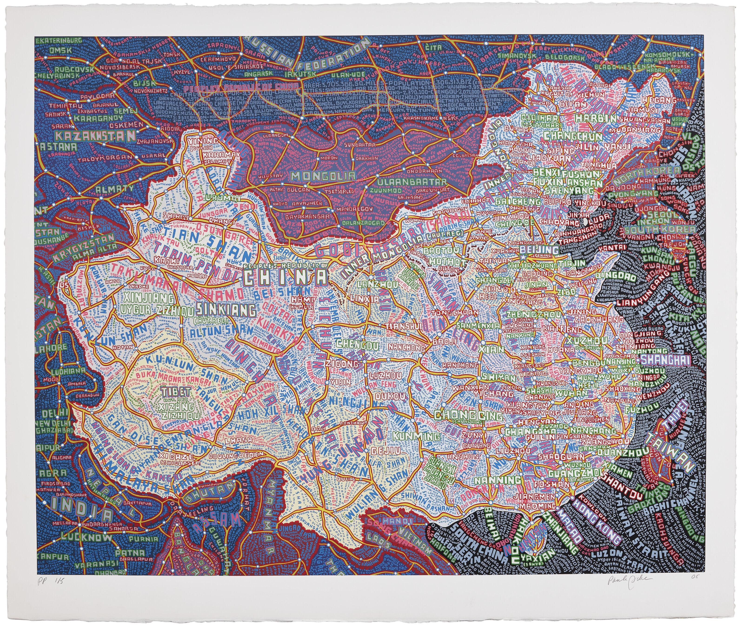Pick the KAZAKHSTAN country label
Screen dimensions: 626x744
click(x=95, y=136)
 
